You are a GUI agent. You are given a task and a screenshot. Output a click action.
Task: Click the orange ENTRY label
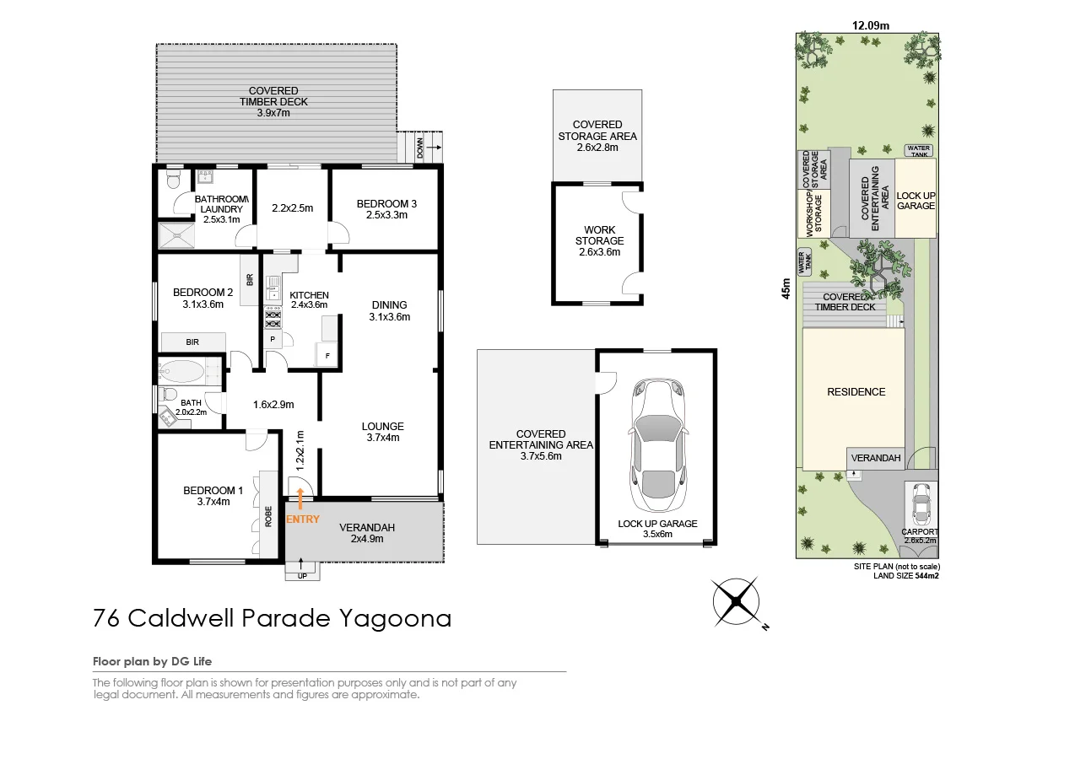[303, 519]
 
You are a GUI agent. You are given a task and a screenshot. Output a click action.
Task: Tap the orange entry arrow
[300, 498]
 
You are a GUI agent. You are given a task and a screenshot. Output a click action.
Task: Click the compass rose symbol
[737, 601]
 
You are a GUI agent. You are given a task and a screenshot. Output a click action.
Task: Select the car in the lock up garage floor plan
[657, 444]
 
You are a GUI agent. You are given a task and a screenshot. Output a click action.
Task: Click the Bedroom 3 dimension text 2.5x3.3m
[386, 215]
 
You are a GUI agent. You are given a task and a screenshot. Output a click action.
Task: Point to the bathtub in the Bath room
[182, 371]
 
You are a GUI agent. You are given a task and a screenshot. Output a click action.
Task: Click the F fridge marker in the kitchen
[327, 356]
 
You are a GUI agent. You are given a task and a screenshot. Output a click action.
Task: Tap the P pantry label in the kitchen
[273, 339]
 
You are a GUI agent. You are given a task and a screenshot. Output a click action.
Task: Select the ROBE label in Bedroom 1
[268, 516]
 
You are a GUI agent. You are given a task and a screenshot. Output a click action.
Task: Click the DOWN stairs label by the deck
[420, 148]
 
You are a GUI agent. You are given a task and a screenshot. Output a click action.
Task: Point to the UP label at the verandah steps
[302, 576]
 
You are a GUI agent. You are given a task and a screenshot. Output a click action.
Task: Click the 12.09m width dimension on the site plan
[871, 26]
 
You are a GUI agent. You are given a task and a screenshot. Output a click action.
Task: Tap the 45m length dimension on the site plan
[786, 288]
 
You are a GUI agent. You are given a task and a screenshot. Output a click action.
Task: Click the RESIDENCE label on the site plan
[856, 392]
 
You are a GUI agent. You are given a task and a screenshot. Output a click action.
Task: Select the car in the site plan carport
[921, 504]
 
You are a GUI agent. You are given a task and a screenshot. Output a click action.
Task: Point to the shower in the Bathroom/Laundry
[176, 235]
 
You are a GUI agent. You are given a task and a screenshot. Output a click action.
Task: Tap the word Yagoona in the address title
[396, 619]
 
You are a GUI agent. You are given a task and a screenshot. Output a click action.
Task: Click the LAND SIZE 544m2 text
[906, 576]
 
